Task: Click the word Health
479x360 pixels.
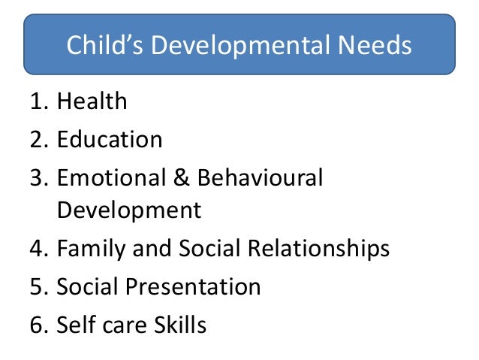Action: coord(92,101)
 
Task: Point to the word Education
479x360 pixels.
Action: coord(110,139)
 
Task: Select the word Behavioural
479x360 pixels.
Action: coord(261,178)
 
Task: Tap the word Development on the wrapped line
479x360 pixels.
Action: coord(129,210)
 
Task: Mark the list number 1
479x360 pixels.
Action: coord(41,101)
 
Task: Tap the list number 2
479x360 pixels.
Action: coord(41,139)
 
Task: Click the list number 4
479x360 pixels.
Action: coord(41,248)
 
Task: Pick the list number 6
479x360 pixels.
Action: coord(41,325)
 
